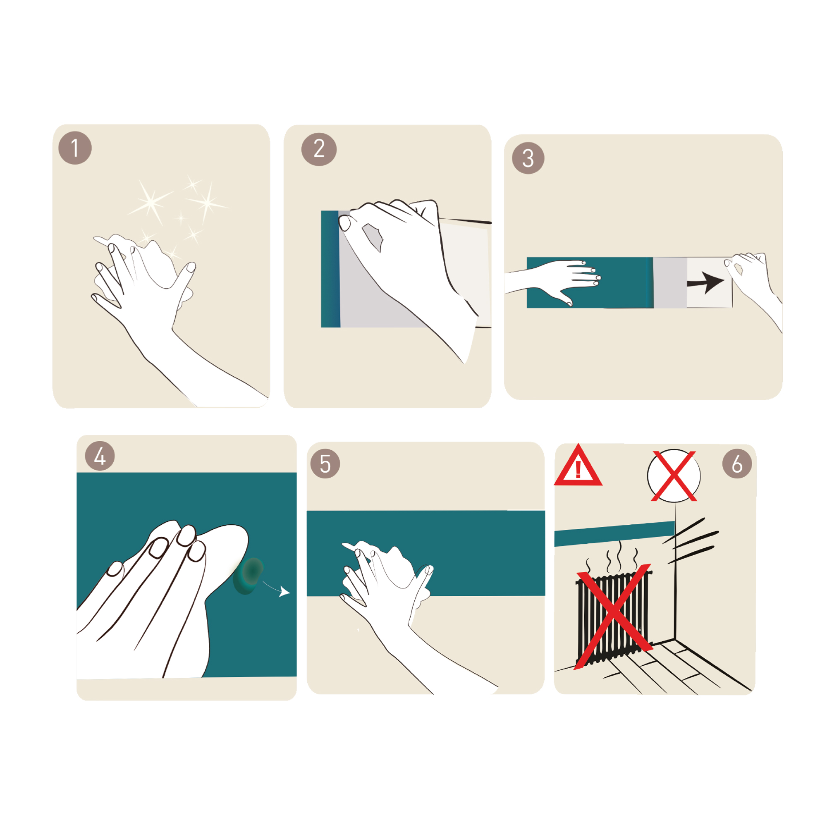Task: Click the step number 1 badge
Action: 75,148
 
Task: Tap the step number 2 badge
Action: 319,149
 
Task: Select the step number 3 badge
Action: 528,158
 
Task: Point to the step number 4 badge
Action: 100,456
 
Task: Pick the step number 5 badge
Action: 325,464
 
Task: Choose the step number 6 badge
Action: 737,464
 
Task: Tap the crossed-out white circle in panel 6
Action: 674,476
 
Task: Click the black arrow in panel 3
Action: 705,282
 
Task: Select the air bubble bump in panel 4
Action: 249,576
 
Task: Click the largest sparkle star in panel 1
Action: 151,202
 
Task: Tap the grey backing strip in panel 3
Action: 670,282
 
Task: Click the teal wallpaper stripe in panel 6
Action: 615,533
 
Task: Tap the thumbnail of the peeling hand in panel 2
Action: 344,223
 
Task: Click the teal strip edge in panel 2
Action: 330,269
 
